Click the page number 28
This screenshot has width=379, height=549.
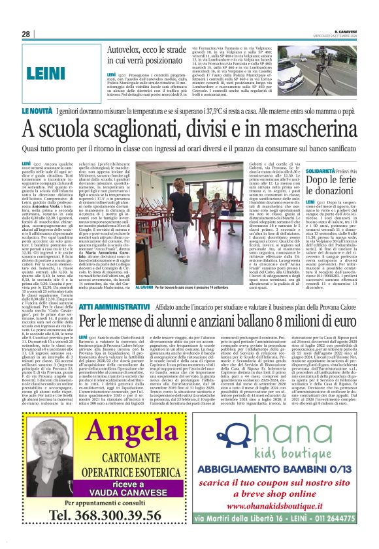[x=26, y=35]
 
